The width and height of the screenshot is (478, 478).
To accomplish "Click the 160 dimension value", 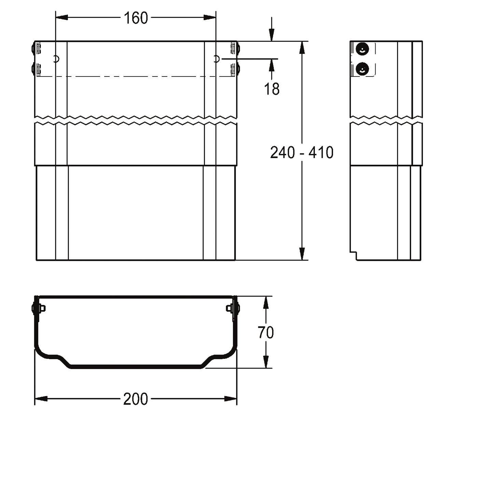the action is coord(136,18).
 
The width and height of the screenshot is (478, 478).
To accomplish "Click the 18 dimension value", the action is coord(272,89).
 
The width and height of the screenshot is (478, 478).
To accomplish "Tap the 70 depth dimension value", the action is coord(266,333).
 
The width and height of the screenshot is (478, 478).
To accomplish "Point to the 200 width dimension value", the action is coord(136,399).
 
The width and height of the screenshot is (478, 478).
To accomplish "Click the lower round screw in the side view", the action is coord(362,69).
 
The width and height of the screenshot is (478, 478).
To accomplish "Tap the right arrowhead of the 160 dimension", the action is coord(210,17).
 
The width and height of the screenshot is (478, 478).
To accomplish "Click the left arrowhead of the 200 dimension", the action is coord(41,399).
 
